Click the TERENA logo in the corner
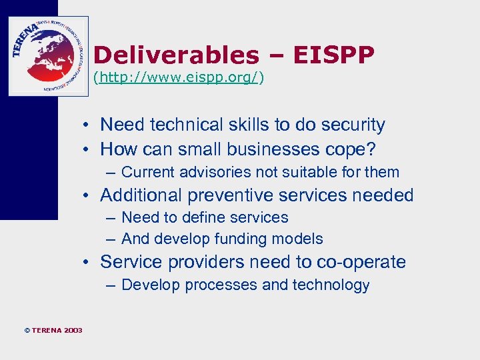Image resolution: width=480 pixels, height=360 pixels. pos(48,56)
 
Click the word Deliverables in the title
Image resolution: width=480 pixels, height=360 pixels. pos(175,55)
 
